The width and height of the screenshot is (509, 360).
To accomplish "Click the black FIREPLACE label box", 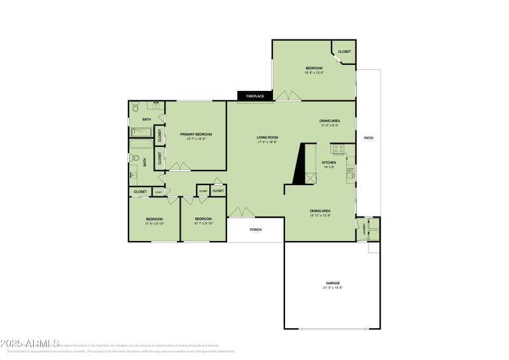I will coord(255,96).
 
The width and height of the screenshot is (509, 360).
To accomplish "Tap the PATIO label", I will coord(368,138).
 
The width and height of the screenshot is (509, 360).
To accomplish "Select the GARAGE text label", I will coord(333,283).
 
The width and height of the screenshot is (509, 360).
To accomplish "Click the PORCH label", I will coord(256,230).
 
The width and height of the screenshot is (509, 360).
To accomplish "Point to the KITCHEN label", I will coord(328,163).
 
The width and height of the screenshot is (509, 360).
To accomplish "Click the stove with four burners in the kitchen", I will coord(338,149).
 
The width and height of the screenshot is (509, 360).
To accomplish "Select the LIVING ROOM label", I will coord(267,137).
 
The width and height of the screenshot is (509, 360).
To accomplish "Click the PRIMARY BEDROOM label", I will coord(195,134).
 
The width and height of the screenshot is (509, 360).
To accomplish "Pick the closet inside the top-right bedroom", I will coord(344,52).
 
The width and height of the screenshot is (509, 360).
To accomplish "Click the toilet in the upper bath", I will coord(135,108).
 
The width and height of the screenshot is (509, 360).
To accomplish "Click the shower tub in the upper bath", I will coord(141,132).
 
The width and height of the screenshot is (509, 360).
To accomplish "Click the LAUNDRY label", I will coord(365,229).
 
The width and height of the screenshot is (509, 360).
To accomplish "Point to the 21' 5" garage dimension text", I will coord(333,288).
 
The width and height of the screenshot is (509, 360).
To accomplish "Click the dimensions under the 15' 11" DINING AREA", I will coord(319,216).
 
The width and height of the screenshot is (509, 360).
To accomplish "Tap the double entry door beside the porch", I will coord(242,212).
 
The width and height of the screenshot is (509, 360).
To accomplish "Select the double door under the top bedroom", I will coord(288,96).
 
